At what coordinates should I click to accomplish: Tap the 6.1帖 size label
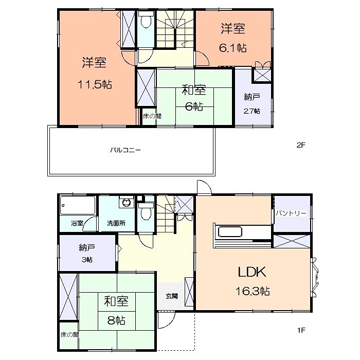[x=233, y=48]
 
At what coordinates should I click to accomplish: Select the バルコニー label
[x=125, y=151]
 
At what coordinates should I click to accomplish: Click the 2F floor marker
[x=301, y=145]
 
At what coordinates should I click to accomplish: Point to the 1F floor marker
[x=301, y=330]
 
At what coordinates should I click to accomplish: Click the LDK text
[x=250, y=272]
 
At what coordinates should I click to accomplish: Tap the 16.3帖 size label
[x=253, y=291]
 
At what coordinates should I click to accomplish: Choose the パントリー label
[x=291, y=213]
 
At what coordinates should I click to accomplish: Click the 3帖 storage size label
[x=86, y=260]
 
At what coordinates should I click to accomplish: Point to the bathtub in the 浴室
[x=78, y=206]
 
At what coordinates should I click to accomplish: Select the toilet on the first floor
[x=146, y=211]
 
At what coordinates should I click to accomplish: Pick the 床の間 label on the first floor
[x=68, y=334]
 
